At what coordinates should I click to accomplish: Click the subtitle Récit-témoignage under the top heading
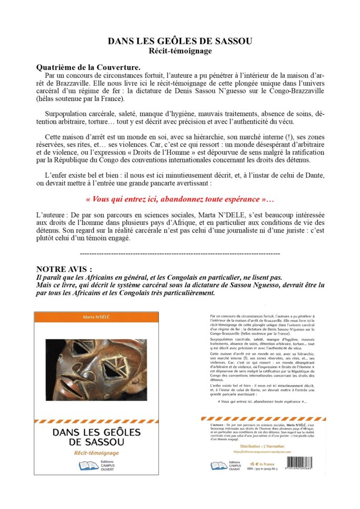point(181,51)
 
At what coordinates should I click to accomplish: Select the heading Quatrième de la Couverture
point(88,68)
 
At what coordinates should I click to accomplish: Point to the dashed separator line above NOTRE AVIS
point(179,254)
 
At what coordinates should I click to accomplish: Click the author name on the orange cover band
point(96,317)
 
